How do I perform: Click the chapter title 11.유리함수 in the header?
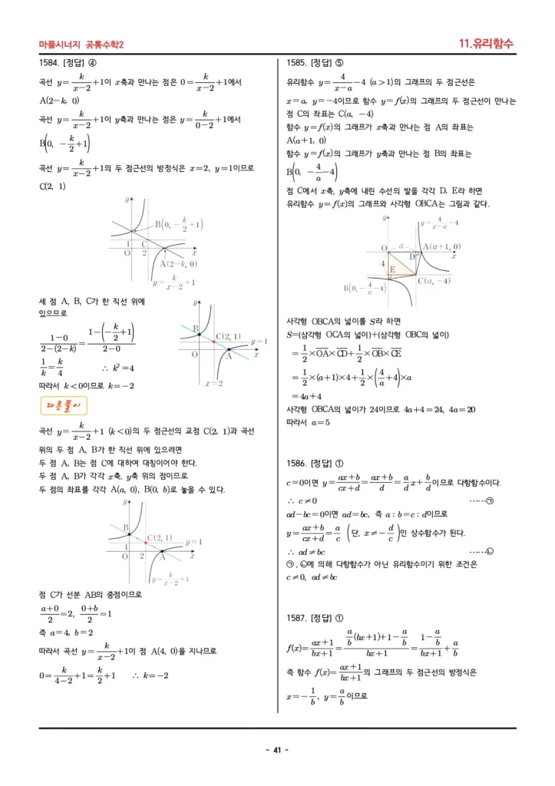pyautogui.click(x=486, y=44)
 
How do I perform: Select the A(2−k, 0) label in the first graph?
pyautogui.click(x=177, y=263)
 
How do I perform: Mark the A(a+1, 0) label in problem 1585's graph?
pyautogui.click(x=442, y=246)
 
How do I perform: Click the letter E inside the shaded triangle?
pyautogui.click(x=393, y=270)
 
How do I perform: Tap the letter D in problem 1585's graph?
pyautogui.click(x=412, y=256)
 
